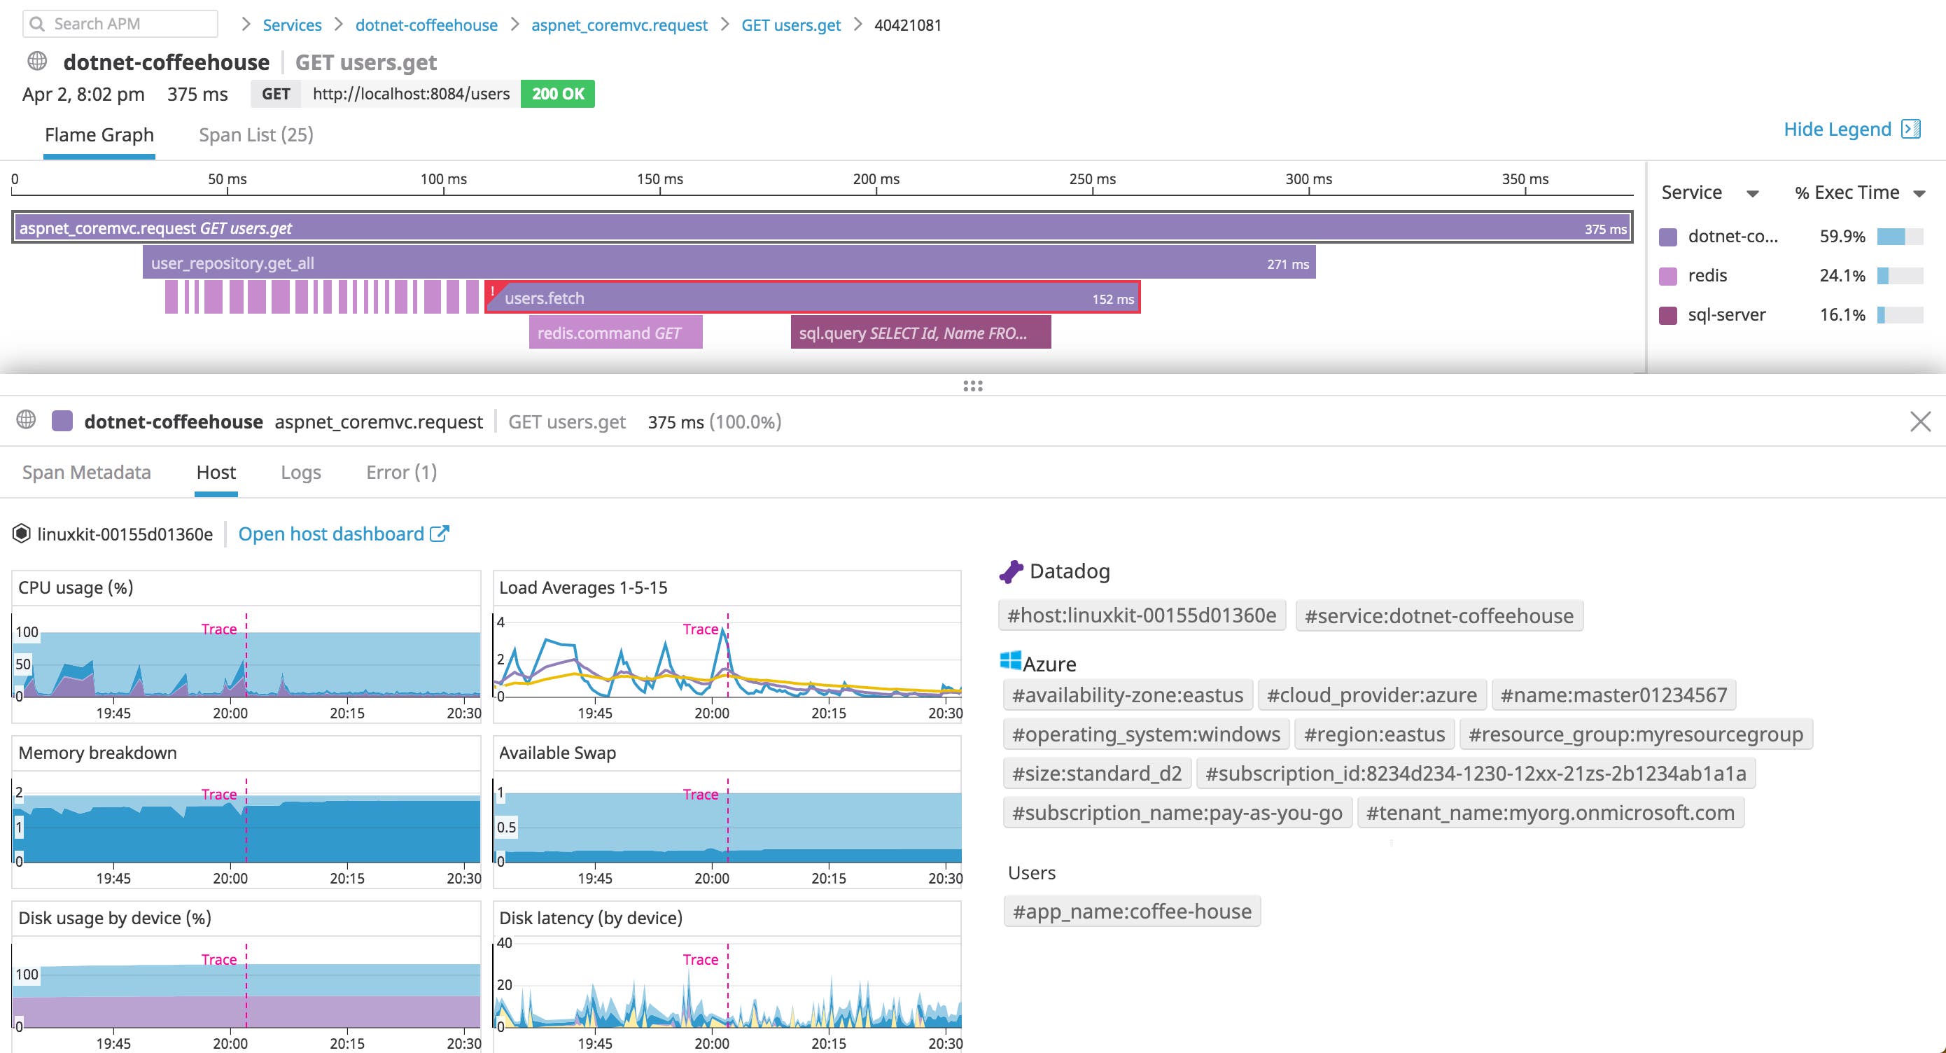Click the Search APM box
point(121,25)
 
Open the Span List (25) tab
point(255,134)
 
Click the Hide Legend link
point(1837,129)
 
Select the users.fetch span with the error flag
point(812,298)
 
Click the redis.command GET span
point(615,333)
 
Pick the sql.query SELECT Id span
point(920,333)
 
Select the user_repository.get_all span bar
point(728,263)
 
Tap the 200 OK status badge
point(557,94)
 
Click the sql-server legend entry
point(1726,315)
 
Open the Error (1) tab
point(401,472)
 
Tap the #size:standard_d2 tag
point(1096,774)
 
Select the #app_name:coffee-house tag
point(1132,911)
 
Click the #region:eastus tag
point(1373,734)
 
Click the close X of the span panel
point(1919,421)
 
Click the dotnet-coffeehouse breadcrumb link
point(426,25)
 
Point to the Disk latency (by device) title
point(590,918)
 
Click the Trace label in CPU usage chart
point(218,629)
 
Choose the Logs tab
point(301,472)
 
